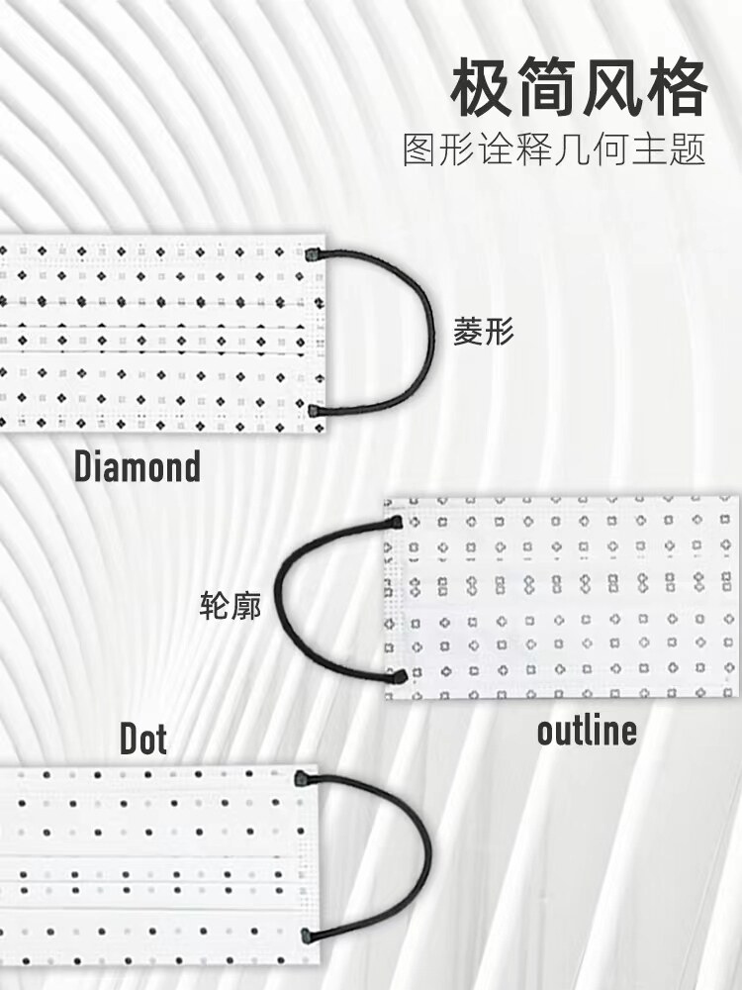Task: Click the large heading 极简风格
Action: click(x=579, y=90)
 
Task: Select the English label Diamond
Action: click(x=138, y=466)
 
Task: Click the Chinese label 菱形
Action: click(x=485, y=331)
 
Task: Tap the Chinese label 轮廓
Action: click(x=231, y=605)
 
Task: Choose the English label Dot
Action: click(x=143, y=739)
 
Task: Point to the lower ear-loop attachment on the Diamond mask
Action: click(x=315, y=409)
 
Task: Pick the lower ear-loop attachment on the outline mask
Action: click(x=400, y=677)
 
